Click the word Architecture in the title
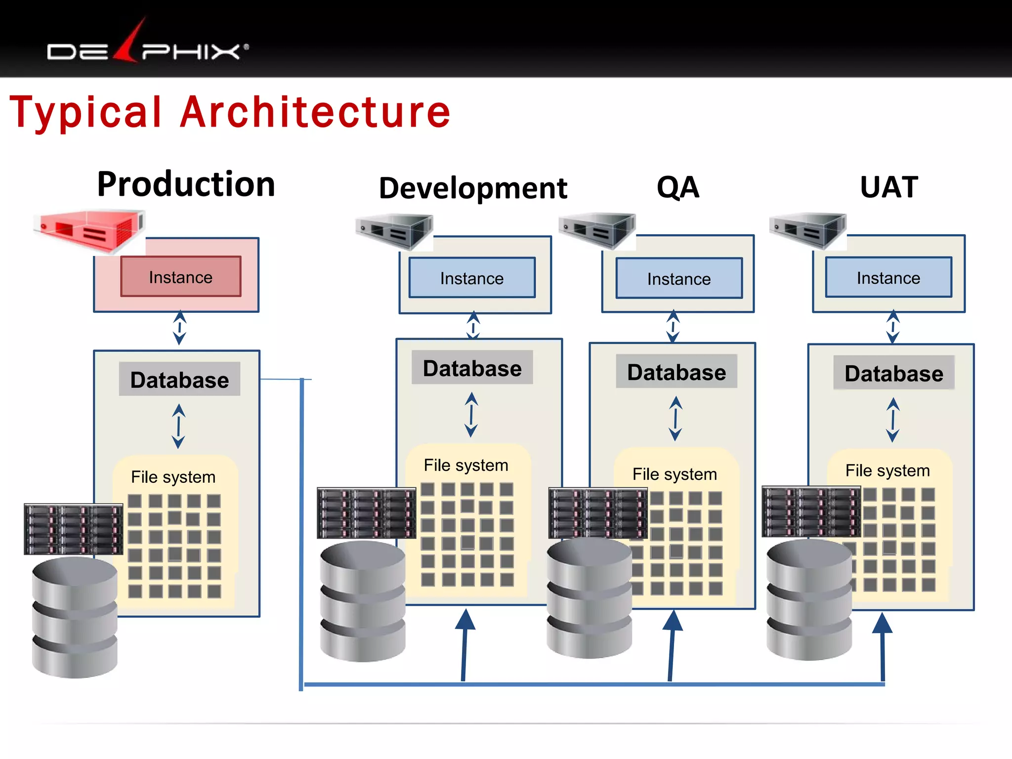point(315,113)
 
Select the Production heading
point(186,184)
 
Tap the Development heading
point(473,188)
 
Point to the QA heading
point(678,187)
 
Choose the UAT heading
point(889,187)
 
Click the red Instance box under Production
point(181,277)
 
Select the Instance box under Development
point(472,278)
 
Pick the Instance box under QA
point(679,279)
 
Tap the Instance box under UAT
point(888,278)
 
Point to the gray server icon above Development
point(394,231)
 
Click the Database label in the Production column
point(179,379)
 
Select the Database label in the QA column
point(676,372)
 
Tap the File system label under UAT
point(887,470)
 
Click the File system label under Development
point(466,465)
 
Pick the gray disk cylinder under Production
point(75,618)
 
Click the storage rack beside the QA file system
point(598,513)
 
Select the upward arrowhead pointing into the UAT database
point(882,624)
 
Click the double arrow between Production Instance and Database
point(179,328)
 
